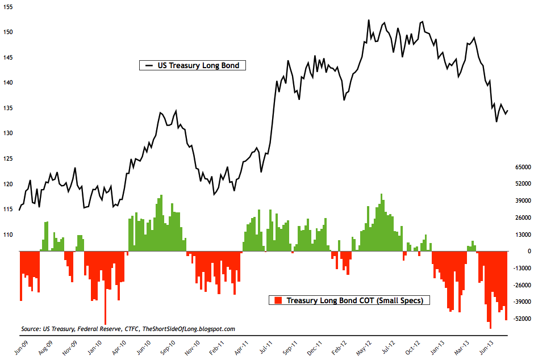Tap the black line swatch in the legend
coord(149,66)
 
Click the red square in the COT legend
coord(277,300)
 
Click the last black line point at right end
coord(507,111)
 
